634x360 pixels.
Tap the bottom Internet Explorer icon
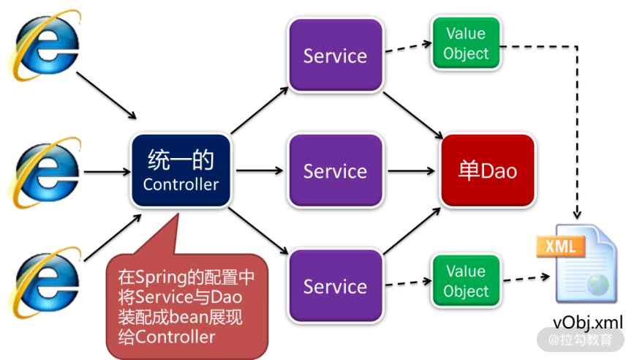coord(43,282)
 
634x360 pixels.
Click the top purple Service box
coord(335,56)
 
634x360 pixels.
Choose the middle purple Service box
coord(335,171)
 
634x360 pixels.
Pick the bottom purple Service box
coord(335,286)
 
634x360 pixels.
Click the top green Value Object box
coord(466,43)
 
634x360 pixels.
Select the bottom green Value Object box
coord(466,281)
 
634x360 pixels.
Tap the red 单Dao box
coord(488,171)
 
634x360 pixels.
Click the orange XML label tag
coord(560,246)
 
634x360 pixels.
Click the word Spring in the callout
coord(156,279)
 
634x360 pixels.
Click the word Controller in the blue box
coord(181,184)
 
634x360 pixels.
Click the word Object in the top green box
coord(466,53)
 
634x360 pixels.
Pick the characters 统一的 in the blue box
coord(181,159)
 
